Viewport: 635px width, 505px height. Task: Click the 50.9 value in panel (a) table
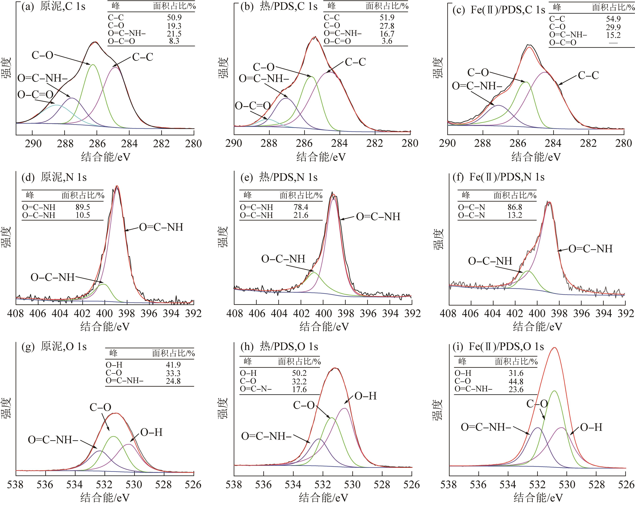(174, 18)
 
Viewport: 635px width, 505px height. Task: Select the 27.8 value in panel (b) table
(387, 26)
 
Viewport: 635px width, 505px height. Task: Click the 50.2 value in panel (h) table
(299, 373)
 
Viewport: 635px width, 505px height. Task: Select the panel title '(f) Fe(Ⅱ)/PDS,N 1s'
(498, 177)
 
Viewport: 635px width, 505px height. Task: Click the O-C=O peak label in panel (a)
(35, 95)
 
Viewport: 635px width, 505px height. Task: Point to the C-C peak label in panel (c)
(588, 75)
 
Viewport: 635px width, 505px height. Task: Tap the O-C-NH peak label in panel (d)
(52, 277)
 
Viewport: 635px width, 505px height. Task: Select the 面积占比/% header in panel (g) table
(173, 353)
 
